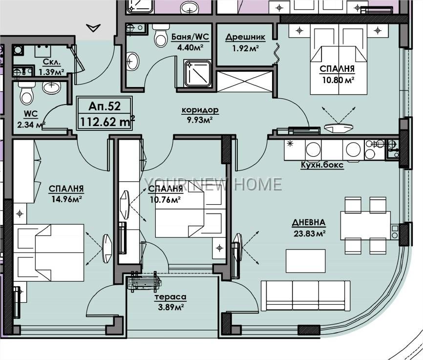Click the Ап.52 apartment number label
coord(105,106)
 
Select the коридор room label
coord(200,110)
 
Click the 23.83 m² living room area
coord(309,233)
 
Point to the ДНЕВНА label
coord(309,223)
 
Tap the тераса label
coord(170,297)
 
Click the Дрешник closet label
coord(245,37)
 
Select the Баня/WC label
coord(190,37)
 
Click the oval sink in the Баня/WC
coord(133,62)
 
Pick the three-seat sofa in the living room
coord(305,296)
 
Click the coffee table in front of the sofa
coord(306,261)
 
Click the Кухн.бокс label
coord(322,165)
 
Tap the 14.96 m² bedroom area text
coord(66,199)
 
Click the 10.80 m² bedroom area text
coord(338,80)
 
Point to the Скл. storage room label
coord(52,62)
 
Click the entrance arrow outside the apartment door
coord(93,28)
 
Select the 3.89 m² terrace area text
coord(171,307)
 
